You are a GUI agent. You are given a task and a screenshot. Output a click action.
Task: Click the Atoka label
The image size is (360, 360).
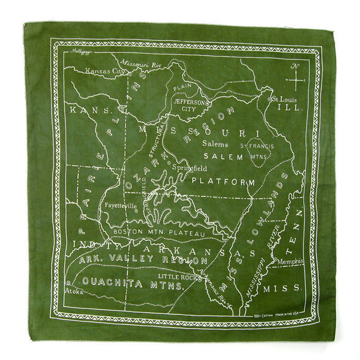(x=74, y=291)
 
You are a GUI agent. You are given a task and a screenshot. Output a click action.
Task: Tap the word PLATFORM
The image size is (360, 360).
(x=223, y=181)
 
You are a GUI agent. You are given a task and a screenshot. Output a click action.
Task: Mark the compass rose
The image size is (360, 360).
(x=296, y=80)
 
